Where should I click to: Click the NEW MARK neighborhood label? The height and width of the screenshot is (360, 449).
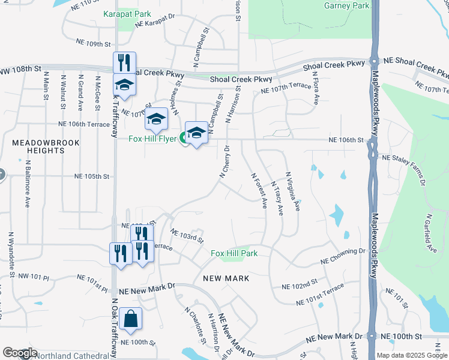pos(226,278)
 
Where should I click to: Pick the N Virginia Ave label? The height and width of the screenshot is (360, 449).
pos(292,190)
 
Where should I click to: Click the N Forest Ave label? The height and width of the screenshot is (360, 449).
pos(259,190)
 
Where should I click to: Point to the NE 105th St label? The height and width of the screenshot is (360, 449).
pos(92,176)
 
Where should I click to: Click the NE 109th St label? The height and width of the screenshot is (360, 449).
pos(94,44)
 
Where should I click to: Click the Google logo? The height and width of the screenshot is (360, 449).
pos(19,353)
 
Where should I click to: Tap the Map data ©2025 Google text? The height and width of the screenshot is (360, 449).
pos(411,355)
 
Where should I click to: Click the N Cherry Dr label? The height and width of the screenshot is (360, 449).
pos(224,161)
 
